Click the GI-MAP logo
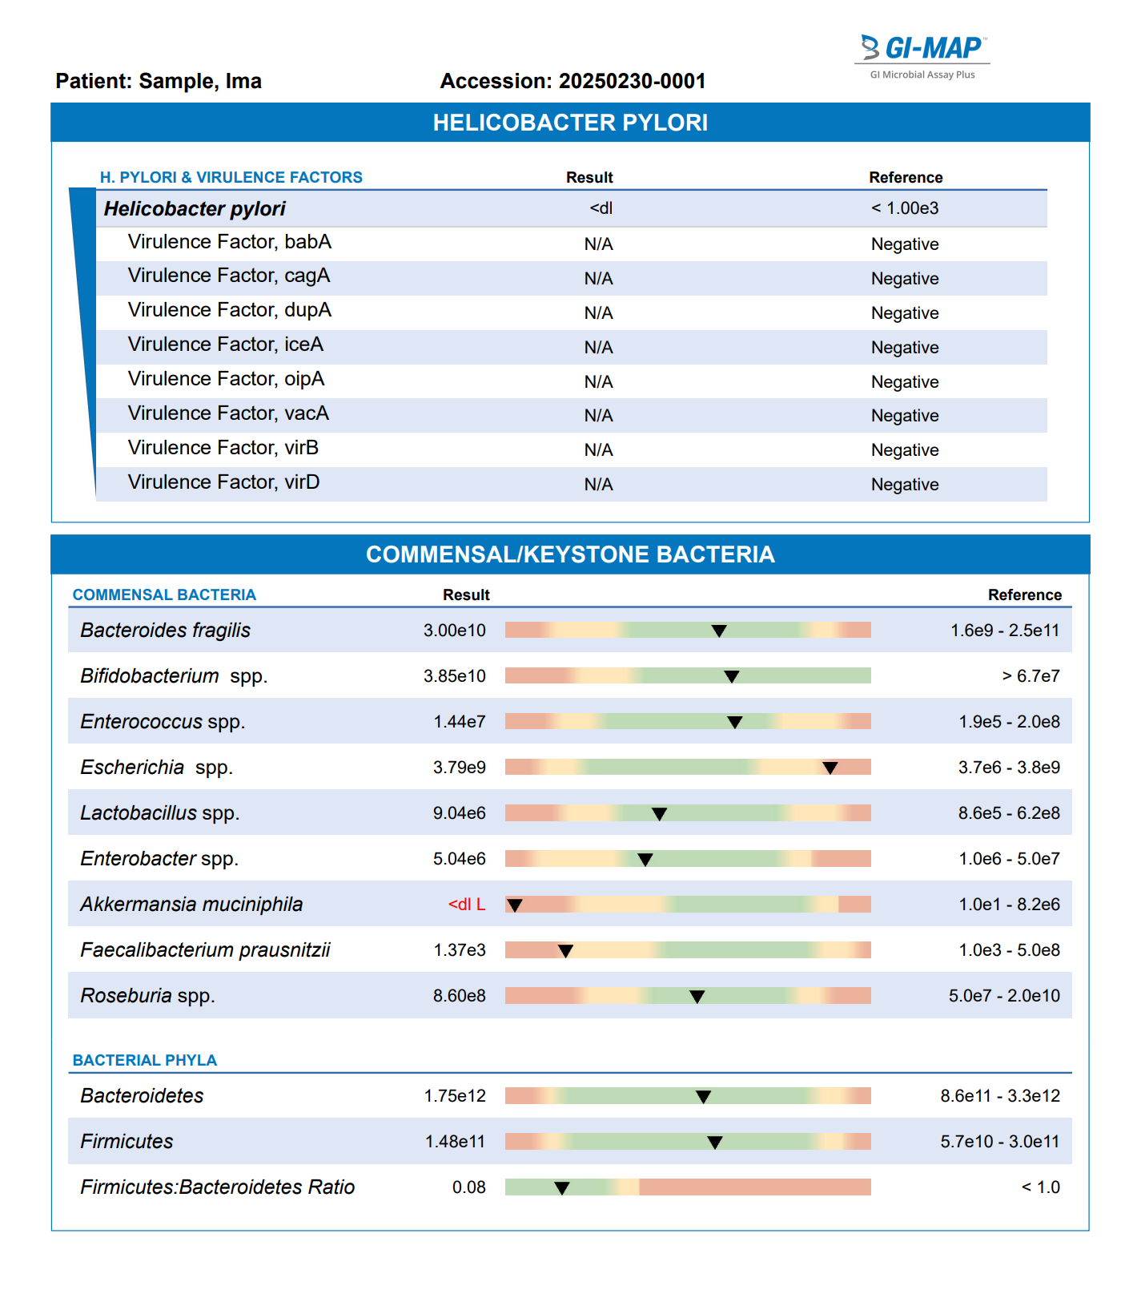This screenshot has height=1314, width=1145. tap(922, 57)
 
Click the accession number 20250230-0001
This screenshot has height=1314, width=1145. tap(632, 81)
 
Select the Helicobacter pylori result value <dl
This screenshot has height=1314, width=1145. tap(601, 208)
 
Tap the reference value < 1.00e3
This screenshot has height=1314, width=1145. tap(905, 208)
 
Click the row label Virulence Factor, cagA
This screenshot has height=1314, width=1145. tap(229, 276)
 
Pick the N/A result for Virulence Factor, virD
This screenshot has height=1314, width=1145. tap(598, 485)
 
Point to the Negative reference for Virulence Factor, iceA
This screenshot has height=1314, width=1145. tap(905, 348)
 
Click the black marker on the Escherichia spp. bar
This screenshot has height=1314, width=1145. tap(830, 768)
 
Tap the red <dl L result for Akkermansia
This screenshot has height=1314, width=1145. tap(467, 905)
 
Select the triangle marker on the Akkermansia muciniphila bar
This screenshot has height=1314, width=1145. tap(515, 905)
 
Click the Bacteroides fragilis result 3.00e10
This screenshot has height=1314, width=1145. tap(455, 631)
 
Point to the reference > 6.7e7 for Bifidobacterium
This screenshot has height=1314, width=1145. tap(1030, 676)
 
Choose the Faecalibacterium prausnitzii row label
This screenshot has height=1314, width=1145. tap(205, 950)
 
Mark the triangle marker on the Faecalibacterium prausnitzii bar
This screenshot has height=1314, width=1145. tap(565, 951)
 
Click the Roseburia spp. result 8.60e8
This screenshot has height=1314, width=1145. tap(460, 996)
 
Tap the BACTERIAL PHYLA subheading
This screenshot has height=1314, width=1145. tap(145, 1060)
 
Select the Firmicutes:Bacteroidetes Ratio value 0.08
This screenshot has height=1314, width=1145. tap(469, 1187)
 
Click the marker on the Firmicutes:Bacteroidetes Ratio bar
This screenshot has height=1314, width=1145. tap(562, 1188)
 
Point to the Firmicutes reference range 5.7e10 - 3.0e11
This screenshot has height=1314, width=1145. tap(1000, 1142)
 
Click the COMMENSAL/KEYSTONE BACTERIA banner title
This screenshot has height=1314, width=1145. tap(570, 554)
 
